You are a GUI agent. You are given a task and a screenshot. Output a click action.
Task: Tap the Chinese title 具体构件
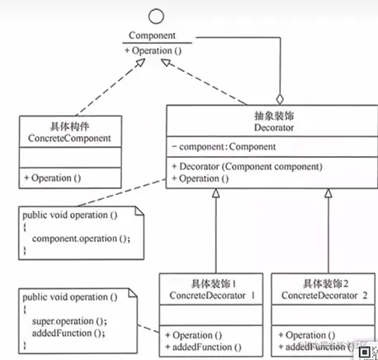68,123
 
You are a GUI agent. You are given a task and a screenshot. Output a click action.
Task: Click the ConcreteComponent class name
68,137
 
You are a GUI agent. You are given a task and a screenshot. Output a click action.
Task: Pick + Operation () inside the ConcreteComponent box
56,177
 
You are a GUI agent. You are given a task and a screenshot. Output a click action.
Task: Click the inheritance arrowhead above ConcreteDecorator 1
216,193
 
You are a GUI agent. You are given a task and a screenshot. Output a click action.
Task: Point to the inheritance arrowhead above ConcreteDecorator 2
328,193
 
